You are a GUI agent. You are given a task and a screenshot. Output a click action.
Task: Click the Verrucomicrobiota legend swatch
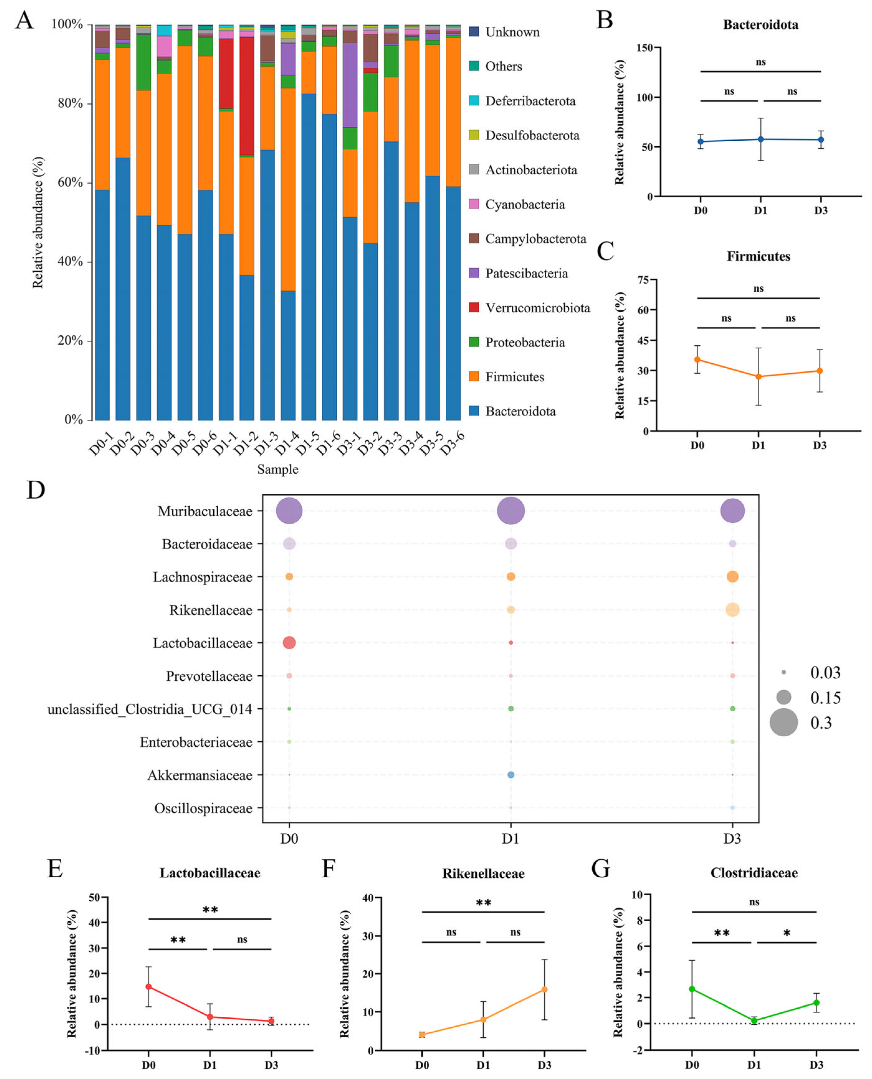473,307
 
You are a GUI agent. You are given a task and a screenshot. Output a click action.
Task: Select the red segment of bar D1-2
247,95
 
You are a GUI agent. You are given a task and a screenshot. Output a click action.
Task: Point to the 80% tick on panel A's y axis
70,103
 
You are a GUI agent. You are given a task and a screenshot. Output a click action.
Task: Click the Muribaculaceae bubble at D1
510,511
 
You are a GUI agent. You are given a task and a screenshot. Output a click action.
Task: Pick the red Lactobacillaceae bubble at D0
289,642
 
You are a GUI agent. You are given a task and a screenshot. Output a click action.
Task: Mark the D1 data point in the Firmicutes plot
758,377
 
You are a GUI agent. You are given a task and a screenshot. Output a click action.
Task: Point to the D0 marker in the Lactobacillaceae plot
149,986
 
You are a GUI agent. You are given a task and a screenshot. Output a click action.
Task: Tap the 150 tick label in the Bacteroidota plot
644,48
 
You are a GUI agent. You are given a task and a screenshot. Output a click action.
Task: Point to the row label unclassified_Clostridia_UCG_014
150,709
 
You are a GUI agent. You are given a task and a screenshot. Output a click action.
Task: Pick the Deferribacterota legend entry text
530,101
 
